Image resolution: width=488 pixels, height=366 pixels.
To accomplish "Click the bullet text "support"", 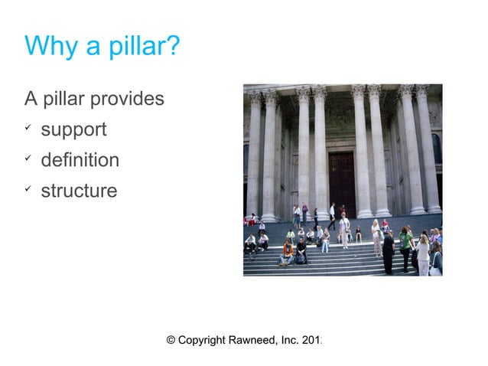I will (x=73, y=130).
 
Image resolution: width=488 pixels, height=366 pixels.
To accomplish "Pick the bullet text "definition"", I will (x=80, y=161).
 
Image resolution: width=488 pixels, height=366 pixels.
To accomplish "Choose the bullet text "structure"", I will (x=79, y=191).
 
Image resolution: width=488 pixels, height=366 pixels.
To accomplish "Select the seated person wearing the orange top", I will (x=288, y=251).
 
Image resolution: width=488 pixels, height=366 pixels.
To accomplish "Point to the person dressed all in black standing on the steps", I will (x=389, y=251).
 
